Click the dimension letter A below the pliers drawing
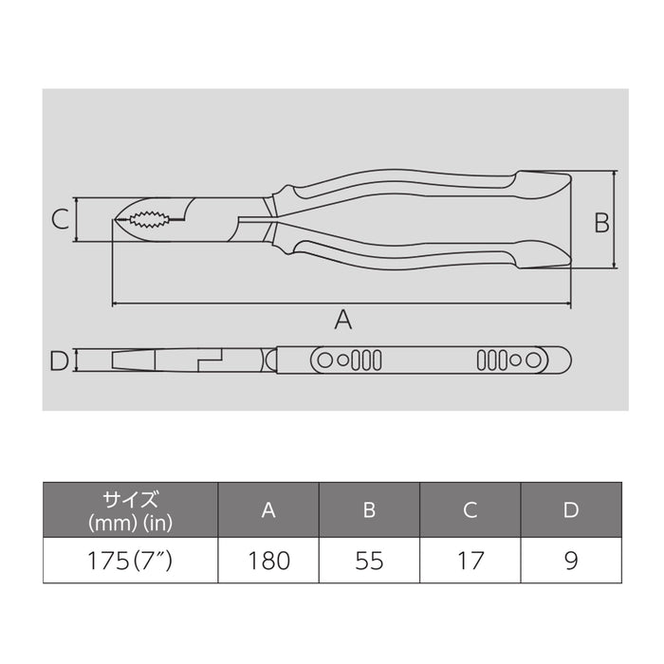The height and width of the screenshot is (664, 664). [x=343, y=321]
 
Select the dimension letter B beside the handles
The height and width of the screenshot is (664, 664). [x=600, y=222]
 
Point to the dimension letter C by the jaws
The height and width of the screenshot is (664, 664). [x=59, y=220]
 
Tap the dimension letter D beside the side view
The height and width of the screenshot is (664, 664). [x=59, y=361]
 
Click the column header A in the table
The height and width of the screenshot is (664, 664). [x=268, y=510]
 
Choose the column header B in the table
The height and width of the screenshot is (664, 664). [x=369, y=510]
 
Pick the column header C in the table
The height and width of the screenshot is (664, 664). [x=470, y=510]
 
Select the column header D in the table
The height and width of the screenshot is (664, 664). [x=570, y=510]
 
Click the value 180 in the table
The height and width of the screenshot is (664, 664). [x=268, y=561]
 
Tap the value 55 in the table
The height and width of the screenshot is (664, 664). [x=369, y=561]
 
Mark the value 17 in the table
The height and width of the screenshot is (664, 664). [x=470, y=561]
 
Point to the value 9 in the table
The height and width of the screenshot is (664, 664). [x=570, y=561]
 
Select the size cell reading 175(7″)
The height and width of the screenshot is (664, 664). [x=130, y=561]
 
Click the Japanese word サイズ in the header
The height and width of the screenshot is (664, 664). [x=130, y=500]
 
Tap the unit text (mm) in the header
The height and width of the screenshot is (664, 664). [x=106, y=522]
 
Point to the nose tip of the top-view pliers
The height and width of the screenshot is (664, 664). [x=115, y=220]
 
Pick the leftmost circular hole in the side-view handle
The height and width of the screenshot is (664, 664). [x=325, y=360]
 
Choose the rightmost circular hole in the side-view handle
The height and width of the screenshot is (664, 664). [x=534, y=360]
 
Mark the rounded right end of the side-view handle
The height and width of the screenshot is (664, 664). [x=565, y=360]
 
